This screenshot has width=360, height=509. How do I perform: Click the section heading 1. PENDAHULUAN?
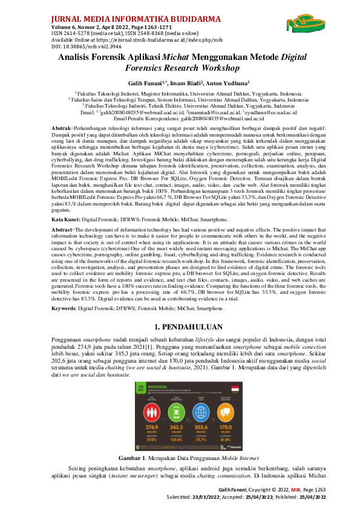tap(180, 326)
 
